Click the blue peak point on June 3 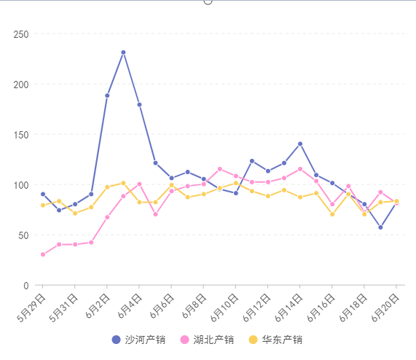click(x=123, y=52)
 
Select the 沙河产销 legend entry click(x=138, y=340)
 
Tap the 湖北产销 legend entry click(x=207, y=340)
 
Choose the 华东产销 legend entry click(x=275, y=340)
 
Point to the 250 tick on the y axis click(x=21, y=34)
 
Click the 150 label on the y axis click(x=21, y=135)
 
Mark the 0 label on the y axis click(x=26, y=286)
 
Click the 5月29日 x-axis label click(x=31, y=308)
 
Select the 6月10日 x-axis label click(x=224, y=308)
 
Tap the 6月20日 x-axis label click(x=385, y=308)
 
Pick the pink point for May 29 click(x=43, y=254)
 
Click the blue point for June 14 click(x=300, y=144)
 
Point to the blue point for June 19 click(x=380, y=227)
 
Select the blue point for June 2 click(x=107, y=95)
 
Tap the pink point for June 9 click(x=220, y=169)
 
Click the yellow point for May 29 click(x=43, y=206)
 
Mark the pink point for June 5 click(x=155, y=214)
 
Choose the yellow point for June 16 click(x=332, y=214)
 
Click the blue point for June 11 click(x=252, y=161)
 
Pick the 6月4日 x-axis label click(x=129, y=306)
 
